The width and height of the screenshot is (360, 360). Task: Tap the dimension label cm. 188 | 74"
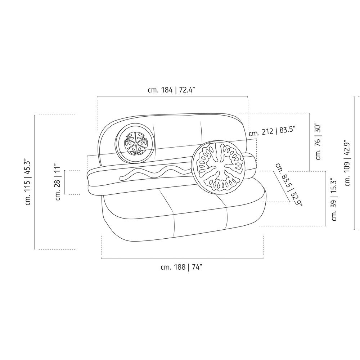tap(181, 267)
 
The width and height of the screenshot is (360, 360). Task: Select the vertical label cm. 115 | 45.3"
tap(28, 182)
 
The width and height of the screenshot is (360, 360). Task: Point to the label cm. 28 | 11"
tap(58, 182)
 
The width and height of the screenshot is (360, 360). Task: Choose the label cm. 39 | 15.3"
tap(334, 199)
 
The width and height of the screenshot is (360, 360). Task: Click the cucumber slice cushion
tap(135, 145)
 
